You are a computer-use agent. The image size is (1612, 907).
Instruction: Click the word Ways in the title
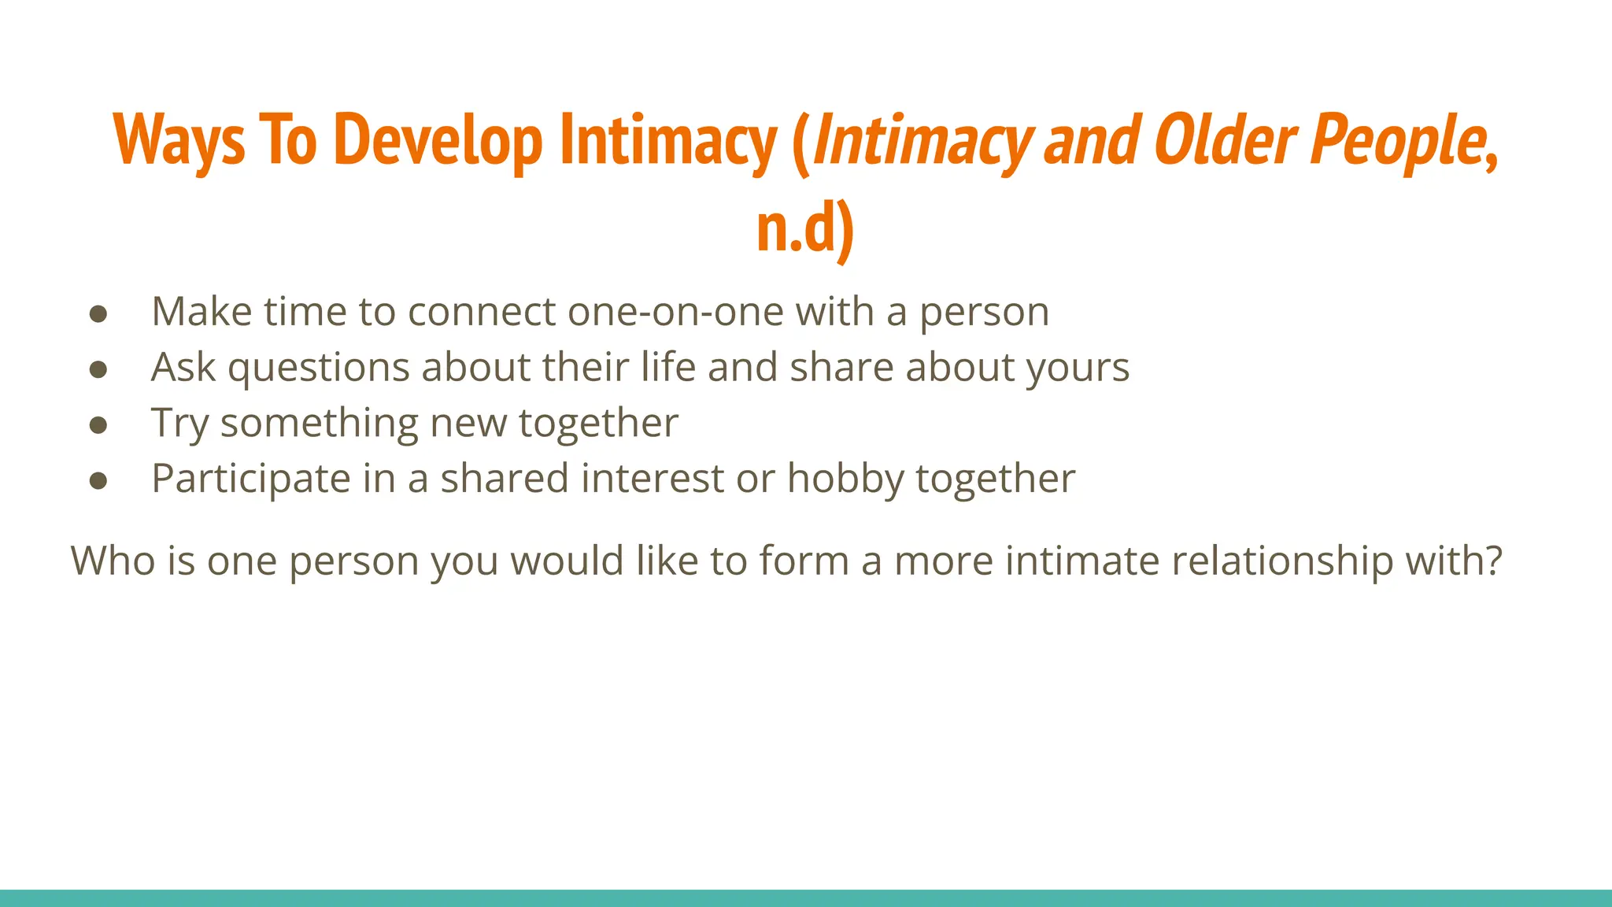click(179, 140)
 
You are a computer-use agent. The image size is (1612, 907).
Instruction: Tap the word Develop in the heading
click(438, 140)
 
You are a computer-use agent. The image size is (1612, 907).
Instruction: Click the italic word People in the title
click(1398, 140)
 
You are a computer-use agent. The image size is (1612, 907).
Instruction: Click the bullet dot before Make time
click(98, 313)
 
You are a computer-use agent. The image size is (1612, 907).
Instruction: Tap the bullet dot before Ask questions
click(98, 369)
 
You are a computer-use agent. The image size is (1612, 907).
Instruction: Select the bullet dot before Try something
click(98, 425)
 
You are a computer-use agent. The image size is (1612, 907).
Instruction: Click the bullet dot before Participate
click(98, 481)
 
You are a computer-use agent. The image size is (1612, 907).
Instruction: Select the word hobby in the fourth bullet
click(845, 479)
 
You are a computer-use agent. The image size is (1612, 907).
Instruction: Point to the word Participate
click(251, 479)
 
